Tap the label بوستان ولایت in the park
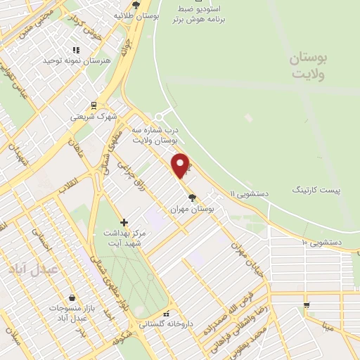click(309, 66)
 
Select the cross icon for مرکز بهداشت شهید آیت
click(124, 222)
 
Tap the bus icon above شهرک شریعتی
click(94, 105)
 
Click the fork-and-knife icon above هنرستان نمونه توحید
click(76, 50)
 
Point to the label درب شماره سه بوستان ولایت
click(155, 136)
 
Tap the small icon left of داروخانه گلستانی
click(166, 314)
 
